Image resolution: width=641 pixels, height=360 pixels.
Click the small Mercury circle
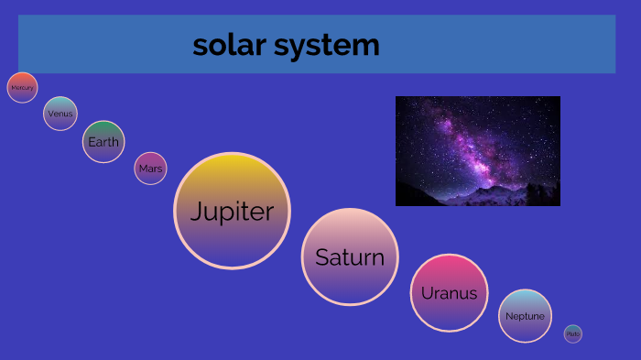(x=22, y=88)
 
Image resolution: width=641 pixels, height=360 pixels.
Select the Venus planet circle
(x=60, y=114)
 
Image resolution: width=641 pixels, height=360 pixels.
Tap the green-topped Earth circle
(x=103, y=142)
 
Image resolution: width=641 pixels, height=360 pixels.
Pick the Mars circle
(x=150, y=169)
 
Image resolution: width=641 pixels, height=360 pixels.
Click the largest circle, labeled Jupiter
(x=232, y=211)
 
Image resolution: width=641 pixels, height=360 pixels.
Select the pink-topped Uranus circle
(x=449, y=293)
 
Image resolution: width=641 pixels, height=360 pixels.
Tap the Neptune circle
(x=526, y=316)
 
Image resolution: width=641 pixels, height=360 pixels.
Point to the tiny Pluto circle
(x=573, y=334)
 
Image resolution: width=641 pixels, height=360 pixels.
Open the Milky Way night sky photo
(x=477, y=150)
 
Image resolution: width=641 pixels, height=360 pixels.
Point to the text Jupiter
(x=232, y=213)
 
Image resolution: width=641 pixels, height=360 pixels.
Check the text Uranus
(x=449, y=294)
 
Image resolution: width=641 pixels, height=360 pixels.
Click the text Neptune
(x=526, y=316)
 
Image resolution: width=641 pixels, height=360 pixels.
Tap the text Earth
(x=103, y=142)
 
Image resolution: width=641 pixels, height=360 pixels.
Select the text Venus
(x=60, y=114)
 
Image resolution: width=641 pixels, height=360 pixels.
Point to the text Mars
(x=150, y=169)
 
